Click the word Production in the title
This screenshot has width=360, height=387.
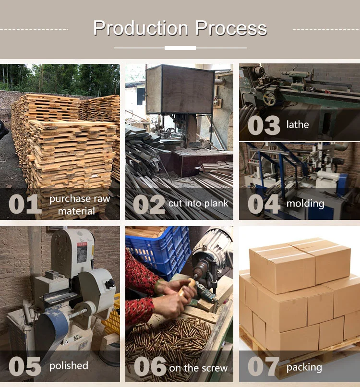141,28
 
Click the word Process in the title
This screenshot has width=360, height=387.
231,28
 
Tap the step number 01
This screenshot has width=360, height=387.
25,204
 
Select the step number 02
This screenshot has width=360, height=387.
149,205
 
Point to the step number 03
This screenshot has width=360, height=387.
264,125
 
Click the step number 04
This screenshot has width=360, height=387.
264,204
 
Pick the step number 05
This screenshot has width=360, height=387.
24,366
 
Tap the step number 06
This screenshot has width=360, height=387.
150,366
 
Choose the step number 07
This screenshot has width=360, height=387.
263,366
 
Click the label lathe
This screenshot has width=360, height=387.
298,124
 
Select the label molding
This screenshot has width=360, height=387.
305,204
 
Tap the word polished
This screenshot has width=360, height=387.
69,366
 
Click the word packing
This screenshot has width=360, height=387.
304,368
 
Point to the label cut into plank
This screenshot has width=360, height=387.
198,204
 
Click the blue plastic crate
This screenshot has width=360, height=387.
158,252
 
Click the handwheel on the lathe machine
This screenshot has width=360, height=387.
269,98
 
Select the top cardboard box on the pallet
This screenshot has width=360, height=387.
300,266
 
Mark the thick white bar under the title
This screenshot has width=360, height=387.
180,48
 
